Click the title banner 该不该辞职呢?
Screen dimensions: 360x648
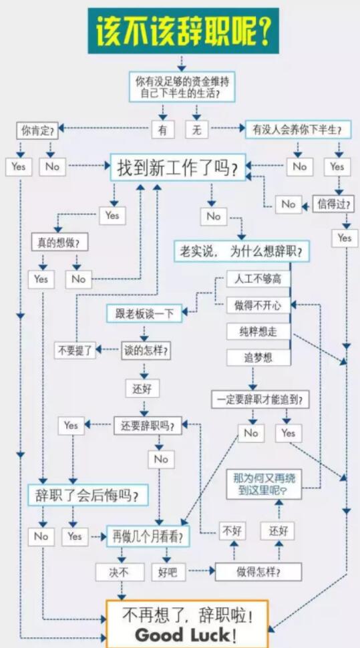click(x=183, y=31)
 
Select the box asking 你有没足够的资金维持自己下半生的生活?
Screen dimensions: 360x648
click(x=182, y=87)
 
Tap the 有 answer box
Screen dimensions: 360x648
click(x=163, y=130)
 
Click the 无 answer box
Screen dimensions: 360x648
click(x=197, y=130)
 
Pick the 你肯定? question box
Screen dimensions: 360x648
click(x=37, y=132)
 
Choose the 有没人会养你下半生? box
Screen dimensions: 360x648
click(x=299, y=130)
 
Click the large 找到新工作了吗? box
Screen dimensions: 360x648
click(x=178, y=168)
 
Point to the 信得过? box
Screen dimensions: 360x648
click(x=333, y=204)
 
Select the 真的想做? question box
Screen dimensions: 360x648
click(x=60, y=243)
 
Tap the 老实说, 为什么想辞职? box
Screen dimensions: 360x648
click(x=242, y=251)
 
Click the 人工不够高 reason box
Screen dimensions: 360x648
click(x=258, y=279)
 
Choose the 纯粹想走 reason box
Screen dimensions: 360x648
click(x=258, y=331)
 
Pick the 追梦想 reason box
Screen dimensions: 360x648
click(x=258, y=357)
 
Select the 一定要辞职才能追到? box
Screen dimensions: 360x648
click(x=260, y=399)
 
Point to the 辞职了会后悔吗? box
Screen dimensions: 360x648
click(x=88, y=494)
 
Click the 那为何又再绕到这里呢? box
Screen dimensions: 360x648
click(x=264, y=484)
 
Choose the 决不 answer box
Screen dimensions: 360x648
click(x=120, y=572)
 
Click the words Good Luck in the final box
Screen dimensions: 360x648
click(x=186, y=635)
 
